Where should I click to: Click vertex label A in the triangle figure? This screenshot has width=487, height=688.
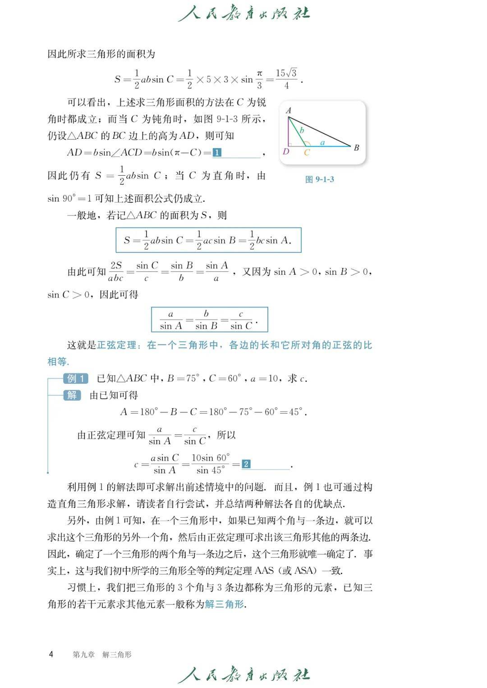tap(289, 110)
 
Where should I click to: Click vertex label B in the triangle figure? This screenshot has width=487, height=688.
tap(356, 147)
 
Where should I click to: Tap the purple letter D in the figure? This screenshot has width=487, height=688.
tap(286, 151)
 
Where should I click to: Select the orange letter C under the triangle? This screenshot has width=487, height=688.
tap(307, 153)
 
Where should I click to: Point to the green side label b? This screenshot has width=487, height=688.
tap(302, 130)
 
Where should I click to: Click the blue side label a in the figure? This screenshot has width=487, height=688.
tap(322, 142)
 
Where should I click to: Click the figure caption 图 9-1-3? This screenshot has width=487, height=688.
tap(320, 179)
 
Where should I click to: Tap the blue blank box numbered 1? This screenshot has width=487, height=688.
tap(217, 153)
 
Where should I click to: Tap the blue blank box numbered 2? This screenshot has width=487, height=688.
tap(246, 464)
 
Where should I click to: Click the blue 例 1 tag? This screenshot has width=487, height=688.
tap(75, 378)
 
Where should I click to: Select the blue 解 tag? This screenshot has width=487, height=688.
tap(72, 395)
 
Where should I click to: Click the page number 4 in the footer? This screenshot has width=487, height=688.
tap(51, 654)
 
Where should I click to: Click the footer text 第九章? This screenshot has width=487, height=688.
tap(84, 655)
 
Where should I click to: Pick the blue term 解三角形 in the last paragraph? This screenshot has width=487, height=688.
tap(224, 604)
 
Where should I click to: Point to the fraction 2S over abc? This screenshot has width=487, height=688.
tap(115, 272)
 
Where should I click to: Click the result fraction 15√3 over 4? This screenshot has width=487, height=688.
tap(286, 79)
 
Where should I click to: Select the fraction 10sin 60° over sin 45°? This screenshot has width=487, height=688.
tap(211, 464)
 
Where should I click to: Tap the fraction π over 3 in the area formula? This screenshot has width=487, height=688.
tap(259, 79)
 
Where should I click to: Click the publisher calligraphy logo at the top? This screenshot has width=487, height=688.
tap(244, 14)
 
